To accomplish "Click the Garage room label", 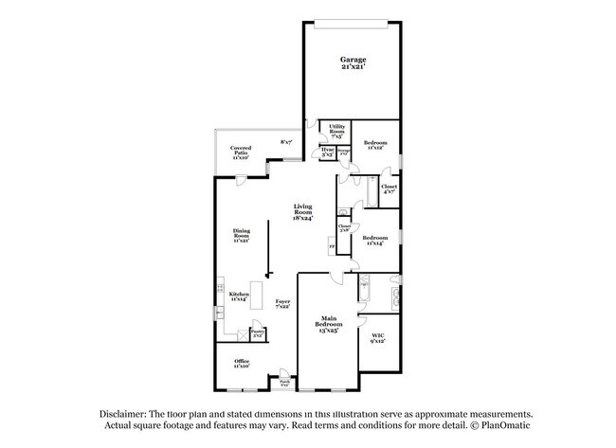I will pos(353,63).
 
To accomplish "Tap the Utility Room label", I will pos(336,131).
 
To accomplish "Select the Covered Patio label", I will pos(241,152).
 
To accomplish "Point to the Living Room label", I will pos(302,212).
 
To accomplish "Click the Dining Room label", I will pos(242,235).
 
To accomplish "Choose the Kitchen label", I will pos(237,296).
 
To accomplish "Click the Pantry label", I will pos(257,332).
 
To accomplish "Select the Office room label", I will pos(242,363).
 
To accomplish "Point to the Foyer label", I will pos(282,304).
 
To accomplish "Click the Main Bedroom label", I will pos(329,322).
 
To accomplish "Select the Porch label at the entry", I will pos(284,384).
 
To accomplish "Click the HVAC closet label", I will pos(327,152).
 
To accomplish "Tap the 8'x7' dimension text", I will pos(286,142).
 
